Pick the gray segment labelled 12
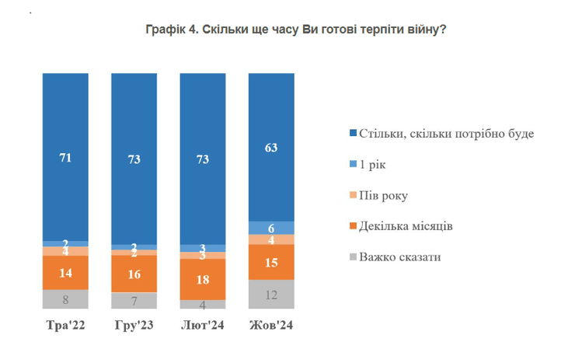tap(271, 295)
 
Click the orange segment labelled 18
tap(203, 279)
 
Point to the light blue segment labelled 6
tap(271, 228)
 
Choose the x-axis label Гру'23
tap(134, 325)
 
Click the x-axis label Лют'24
tap(203, 325)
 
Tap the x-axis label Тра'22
tap(65, 325)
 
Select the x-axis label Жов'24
tap(271, 325)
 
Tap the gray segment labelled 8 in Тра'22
tap(65, 299)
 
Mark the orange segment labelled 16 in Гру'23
tap(134, 274)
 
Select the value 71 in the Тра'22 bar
tap(65, 158)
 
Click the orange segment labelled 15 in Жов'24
tap(271, 262)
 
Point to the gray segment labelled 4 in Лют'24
tap(203, 305)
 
